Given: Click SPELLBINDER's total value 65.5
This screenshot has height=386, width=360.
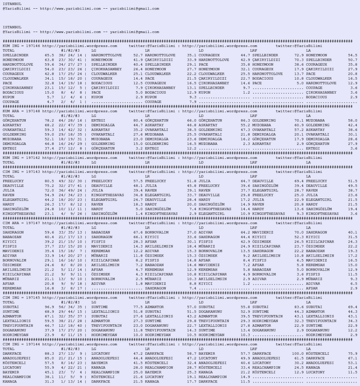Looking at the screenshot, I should [45, 55].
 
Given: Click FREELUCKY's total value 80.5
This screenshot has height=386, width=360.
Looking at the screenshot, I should [45, 181].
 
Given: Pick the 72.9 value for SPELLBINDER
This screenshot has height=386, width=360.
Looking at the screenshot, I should [300, 55].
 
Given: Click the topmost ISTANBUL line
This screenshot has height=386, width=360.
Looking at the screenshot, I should [10, 4].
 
